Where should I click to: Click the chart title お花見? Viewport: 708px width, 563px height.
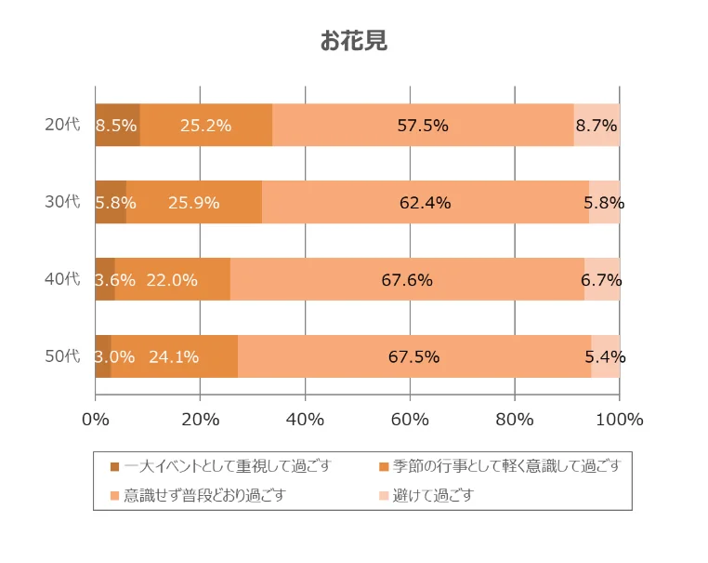click(x=353, y=41)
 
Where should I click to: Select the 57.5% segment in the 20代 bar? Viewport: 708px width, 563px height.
click(x=423, y=126)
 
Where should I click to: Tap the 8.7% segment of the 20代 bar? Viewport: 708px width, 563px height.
click(x=597, y=126)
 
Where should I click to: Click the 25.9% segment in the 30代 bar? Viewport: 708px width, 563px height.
click(x=193, y=202)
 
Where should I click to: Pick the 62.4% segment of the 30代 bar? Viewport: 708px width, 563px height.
click(x=425, y=202)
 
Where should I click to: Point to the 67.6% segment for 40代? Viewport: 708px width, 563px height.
click(x=407, y=279)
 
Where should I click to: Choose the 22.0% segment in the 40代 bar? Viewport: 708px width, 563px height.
click(x=172, y=279)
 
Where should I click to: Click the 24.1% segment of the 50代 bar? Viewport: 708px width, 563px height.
click(x=174, y=356)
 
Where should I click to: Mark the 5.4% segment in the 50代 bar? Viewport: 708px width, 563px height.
click(x=605, y=356)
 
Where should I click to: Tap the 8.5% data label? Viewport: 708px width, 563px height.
click(x=116, y=126)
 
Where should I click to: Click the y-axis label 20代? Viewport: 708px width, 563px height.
click(x=62, y=125)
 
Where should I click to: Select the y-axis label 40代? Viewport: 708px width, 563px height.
click(x=62, y=279)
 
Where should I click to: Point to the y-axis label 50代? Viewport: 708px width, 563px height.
click(x=62, y=356)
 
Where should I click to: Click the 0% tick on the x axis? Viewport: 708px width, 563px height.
click(x=96, y=419)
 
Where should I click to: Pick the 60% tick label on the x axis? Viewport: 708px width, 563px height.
click(x=410, y=419)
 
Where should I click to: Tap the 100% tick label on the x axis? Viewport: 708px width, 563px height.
click(x=619, y=419)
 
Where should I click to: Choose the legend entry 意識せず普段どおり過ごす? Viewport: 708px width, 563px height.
click(x=203, y=495)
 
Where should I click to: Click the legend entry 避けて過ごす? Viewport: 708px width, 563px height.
click(x=434, y=495)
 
